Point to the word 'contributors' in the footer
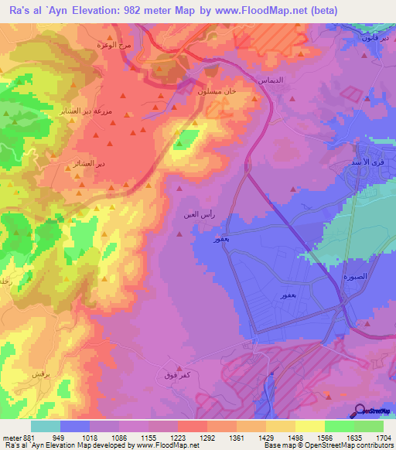[x=373, y=446]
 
